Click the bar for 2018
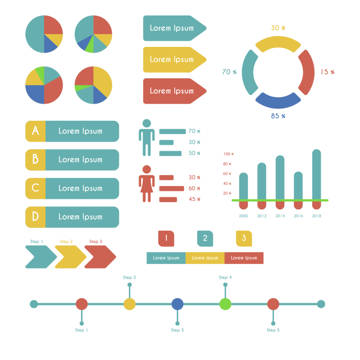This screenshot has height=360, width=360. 316,175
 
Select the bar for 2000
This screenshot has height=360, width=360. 243,187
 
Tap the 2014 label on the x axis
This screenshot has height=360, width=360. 280,216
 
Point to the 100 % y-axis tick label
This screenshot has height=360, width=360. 228,154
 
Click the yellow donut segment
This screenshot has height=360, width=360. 278,44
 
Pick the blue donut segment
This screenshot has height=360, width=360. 278,100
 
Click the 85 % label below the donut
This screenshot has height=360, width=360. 278,116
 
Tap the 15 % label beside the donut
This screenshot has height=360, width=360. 327,72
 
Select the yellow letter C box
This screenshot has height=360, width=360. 36,188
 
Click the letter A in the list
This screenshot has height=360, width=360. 36,131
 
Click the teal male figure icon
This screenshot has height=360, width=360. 146,137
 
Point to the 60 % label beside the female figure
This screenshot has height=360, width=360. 194,188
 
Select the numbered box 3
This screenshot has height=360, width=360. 244,238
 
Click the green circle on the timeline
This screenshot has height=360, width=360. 225,304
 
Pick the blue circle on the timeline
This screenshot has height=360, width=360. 177,304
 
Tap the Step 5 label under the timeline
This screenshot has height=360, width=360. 273,330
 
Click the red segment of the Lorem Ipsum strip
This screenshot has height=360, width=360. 244,258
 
